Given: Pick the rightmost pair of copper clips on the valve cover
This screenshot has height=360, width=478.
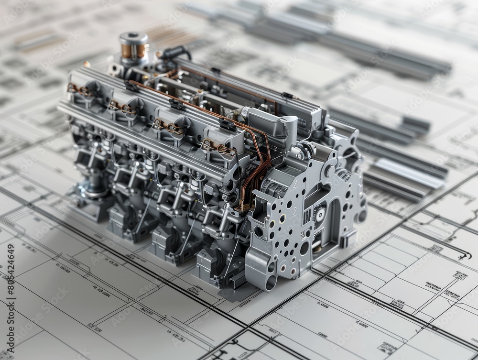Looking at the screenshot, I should click(218, 147).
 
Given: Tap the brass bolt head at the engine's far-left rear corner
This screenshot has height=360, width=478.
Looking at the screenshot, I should click(87, 64).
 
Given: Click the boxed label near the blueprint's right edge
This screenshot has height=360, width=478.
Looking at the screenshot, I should click(460, 275).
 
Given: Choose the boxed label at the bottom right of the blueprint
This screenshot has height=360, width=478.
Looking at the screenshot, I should click(385, 347).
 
